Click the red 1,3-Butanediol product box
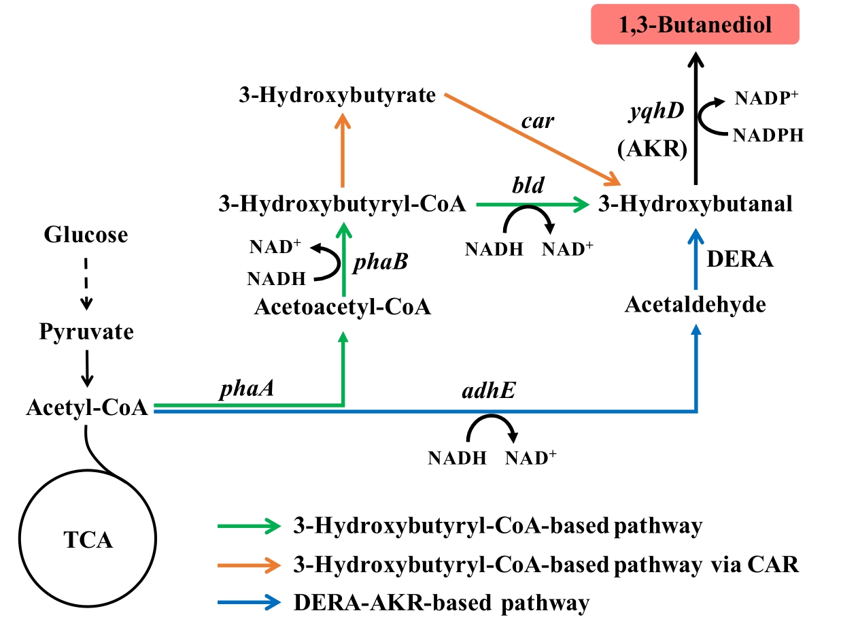point(695,26)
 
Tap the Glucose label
point(86,235)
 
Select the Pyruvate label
point(86,333)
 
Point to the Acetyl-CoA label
point(88,408)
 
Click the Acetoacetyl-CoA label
point(343,308)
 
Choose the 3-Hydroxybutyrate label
point(337,95)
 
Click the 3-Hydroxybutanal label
point(696,203)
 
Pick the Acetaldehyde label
point(696,305)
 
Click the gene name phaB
point(380,261)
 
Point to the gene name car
point(538,122)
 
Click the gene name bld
point(528,184)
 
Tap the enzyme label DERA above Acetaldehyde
point(740,259)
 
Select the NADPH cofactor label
point(768,135)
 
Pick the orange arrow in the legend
point(248,565)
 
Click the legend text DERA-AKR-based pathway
point(441,603)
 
